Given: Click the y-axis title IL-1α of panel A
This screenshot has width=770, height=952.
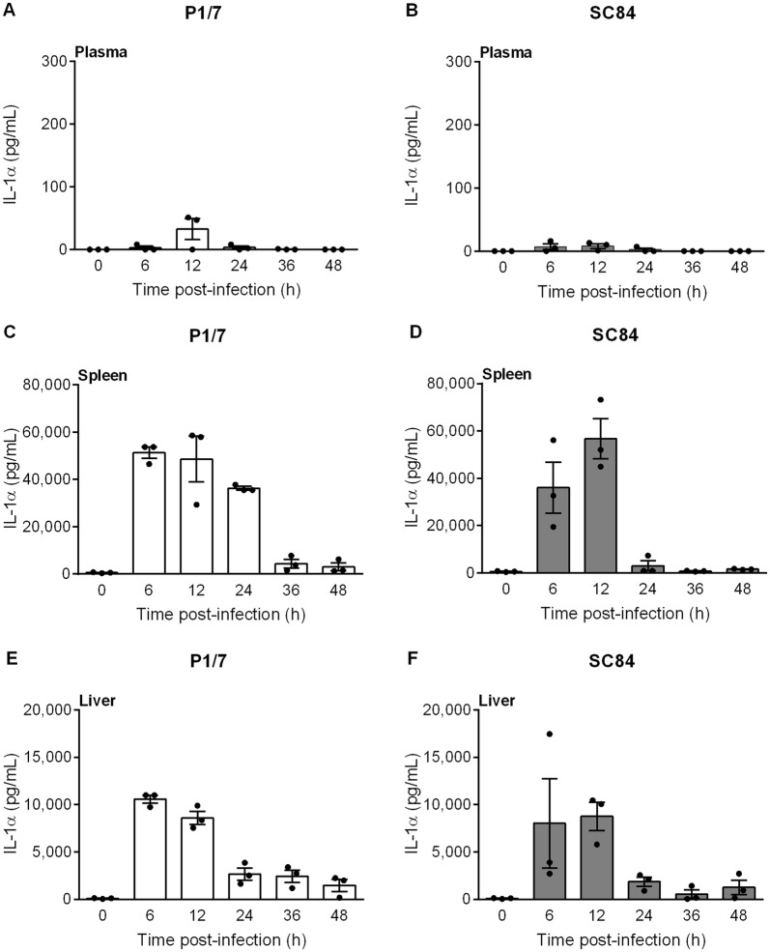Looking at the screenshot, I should click(14, 155).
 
